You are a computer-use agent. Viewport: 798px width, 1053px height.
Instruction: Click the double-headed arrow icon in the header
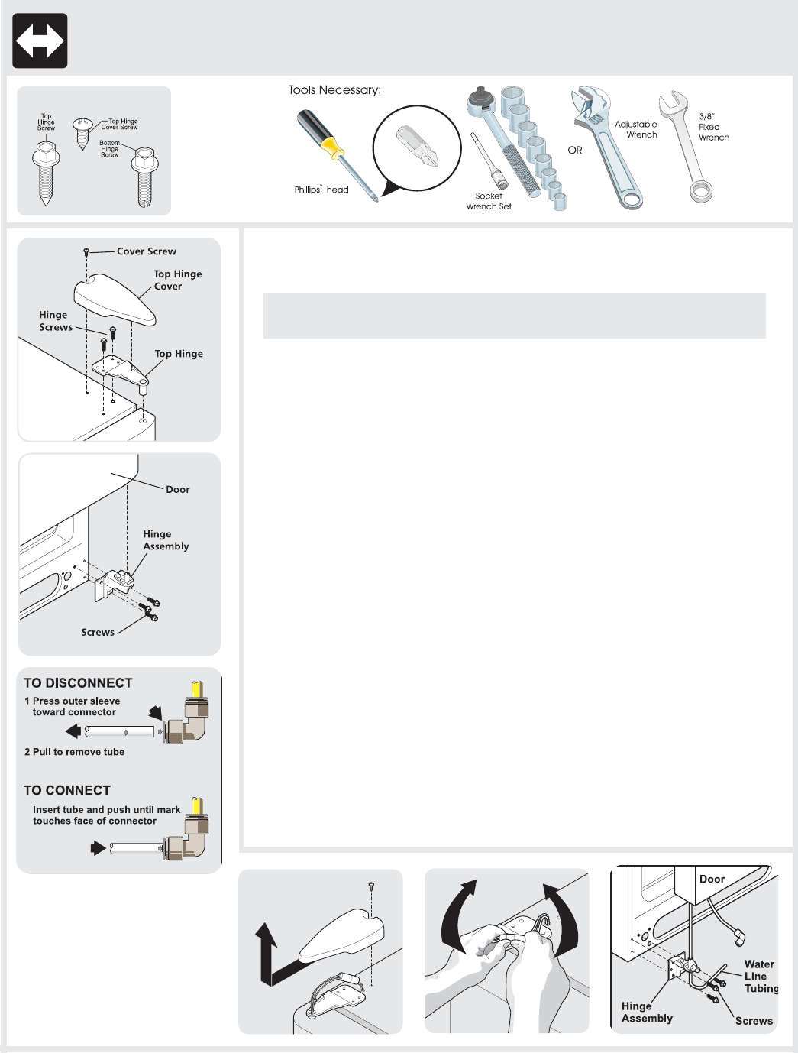pos(40,41)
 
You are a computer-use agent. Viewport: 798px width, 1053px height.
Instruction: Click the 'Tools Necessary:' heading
pos(334,90)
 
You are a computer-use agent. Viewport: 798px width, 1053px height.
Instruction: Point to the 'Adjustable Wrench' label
pos(636,129)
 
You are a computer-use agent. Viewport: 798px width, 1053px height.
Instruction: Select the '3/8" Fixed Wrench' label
pos(713,127)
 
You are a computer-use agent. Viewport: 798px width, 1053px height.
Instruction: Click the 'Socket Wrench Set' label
pos(489,201)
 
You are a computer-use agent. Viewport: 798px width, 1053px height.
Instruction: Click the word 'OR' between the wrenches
pos(575,151)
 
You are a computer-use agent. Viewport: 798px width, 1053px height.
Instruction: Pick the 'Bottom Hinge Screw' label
pos(110,148)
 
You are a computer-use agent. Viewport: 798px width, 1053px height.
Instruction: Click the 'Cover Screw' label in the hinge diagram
pos(147,251)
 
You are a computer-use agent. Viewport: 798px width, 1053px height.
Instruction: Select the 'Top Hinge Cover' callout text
pos(177,280)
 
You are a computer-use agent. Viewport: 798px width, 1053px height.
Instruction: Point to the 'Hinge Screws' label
pos(56,321)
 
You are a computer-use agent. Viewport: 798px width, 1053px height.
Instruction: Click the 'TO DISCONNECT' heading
pos(78,683)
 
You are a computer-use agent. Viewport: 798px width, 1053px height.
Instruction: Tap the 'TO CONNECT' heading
pos(67,790)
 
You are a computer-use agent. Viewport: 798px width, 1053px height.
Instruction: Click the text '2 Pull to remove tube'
pos(75,752)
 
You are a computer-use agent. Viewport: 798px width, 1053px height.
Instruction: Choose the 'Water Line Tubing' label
pos(761,976)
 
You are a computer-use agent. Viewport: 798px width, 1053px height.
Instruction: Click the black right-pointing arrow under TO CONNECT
pos(98,847)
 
